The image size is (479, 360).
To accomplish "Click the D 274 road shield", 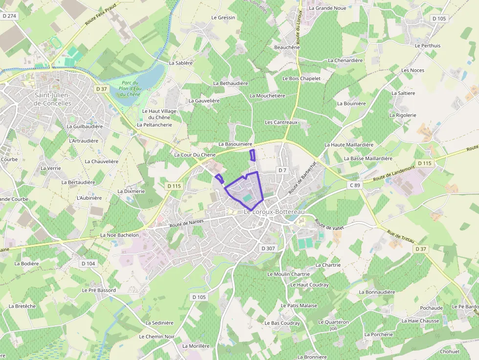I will pyautogui.click(x=9, y=16).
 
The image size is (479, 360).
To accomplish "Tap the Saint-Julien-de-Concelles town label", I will pyautogui.click(x=53, y=99).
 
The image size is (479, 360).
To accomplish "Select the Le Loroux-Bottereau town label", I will pyautogui.click(x=274, y=212).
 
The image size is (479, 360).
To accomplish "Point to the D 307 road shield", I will pyautogui.click(x=268, y=248).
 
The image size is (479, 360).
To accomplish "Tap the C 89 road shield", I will pyautogui.click(x=355, y=185).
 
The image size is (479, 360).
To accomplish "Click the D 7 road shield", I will pyautogui.click(x=282, y=170).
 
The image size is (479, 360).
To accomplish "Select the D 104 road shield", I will pyautogui.click(x=88, y=263).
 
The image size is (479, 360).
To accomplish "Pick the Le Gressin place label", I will pyautogui.click(x=223, y=18).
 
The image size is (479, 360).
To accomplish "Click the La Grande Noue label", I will pyautogui.click(x=330, y=8).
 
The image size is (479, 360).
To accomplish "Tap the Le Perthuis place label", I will pyautogui.click(x=427, y=46).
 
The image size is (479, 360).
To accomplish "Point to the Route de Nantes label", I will pyautogui.click(x=186, y=224).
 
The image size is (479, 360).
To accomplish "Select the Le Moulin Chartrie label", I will pyautogui.click(x=288, y=275).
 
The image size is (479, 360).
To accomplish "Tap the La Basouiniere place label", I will pyautogui.click(x=235, y=145).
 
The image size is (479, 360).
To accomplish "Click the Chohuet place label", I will pyautogui.click(x=450, y=352).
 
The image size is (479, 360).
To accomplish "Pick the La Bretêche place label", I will pyautogui.click(x=22, y=306).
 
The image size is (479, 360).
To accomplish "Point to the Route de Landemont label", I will pyautogui.click(x=393, y=174).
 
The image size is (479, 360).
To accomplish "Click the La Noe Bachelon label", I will pyautogui.click(x=119, y=235).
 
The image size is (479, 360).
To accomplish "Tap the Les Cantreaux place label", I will pyautogui.click(x=281, y=122).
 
